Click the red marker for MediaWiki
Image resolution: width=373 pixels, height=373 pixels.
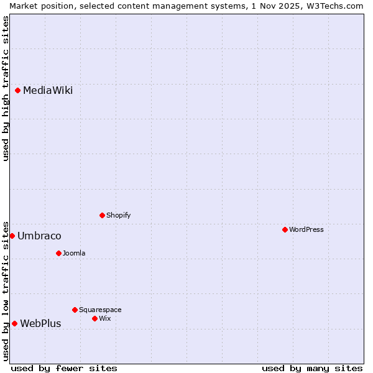point(18,91)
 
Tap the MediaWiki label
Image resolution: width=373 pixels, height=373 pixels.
point(48,91)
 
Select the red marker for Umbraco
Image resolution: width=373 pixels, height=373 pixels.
point(12,236)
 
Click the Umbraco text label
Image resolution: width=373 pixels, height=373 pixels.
point(39,236)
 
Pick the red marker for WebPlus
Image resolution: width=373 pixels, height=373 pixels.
point(14,323)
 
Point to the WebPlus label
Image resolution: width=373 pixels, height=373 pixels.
point(40,323)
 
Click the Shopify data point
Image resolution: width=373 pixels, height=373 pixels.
point(102,215)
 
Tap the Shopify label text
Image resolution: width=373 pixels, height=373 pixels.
point(118,215)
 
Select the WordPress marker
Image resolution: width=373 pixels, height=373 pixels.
point(285,229)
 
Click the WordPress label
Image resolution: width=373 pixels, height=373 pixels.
point(306,229)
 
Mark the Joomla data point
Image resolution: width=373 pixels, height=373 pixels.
point(58,253)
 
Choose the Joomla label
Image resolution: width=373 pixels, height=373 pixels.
point(74,253)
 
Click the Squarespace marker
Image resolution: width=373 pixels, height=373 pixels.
point(75,310)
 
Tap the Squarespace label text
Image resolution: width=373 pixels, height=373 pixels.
point(100,310)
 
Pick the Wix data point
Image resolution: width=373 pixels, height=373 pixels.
point(94,318)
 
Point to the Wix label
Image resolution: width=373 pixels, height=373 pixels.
point(104,318)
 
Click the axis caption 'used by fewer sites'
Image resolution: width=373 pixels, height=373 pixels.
point(64,368)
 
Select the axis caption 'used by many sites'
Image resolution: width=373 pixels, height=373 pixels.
point(312,368)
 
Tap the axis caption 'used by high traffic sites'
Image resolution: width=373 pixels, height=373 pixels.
point(6,88)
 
